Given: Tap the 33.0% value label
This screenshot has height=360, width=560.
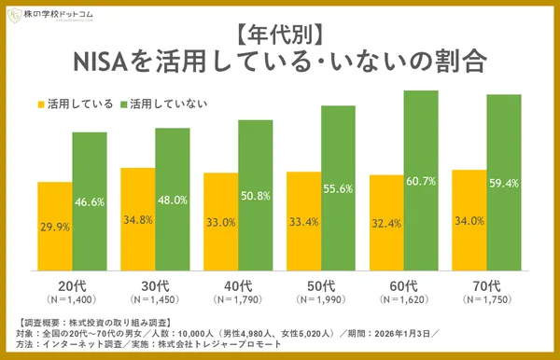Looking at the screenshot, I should pos(220,223).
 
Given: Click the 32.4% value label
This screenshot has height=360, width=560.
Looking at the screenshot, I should pos(386,224).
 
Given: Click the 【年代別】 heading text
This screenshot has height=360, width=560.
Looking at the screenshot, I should pos(279,35).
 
